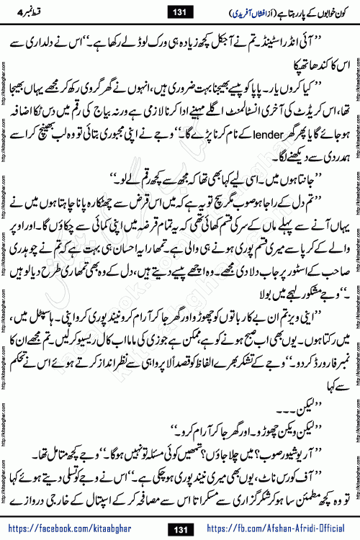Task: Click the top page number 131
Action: (x=179, y=10)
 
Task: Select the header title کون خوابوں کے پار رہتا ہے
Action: (x=310, y=11)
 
